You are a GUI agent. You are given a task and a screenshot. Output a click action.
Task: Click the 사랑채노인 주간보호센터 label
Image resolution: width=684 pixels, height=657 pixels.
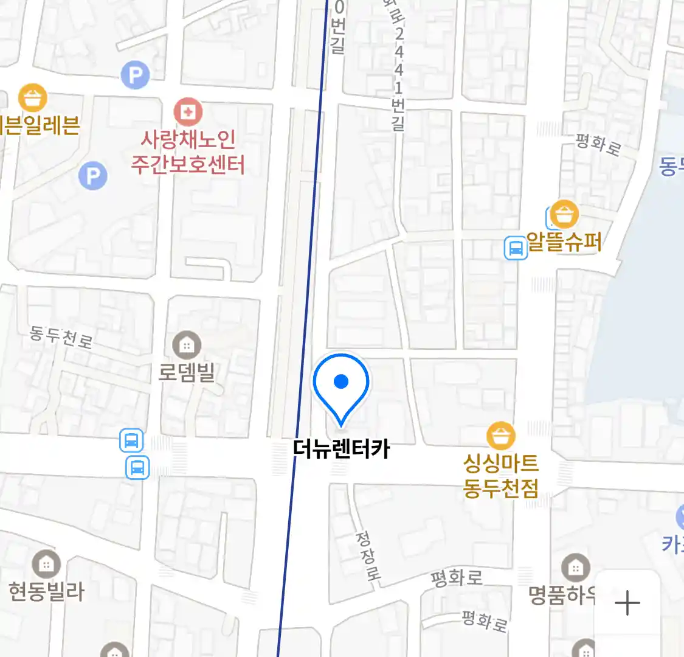[x=188, y=152]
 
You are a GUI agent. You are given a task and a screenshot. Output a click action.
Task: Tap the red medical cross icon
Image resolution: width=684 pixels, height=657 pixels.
[x=188, y=112]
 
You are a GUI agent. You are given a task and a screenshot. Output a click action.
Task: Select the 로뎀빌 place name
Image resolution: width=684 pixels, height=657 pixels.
[x=187, y=372]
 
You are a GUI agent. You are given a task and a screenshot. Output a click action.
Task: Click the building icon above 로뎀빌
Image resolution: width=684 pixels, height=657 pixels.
[x=187, y=346]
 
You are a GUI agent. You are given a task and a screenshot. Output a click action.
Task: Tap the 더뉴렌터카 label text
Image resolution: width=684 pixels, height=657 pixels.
[x=341, y=450]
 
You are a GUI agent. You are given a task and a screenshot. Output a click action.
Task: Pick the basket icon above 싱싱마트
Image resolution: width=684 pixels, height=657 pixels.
[x=501, y=436]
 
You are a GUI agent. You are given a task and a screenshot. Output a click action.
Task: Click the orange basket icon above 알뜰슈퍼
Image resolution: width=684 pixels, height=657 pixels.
[x=565, y=214]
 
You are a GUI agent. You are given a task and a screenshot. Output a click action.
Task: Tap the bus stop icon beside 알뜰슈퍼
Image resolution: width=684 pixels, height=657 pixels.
[x=516, y=248]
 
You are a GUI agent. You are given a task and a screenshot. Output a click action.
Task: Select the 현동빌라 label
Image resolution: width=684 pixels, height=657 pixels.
[x=46, y=591]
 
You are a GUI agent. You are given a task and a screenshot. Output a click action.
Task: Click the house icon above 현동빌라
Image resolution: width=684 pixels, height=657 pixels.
[x=46, y=565]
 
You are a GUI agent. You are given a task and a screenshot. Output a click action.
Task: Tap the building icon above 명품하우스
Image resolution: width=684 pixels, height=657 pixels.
[x=575, y=568]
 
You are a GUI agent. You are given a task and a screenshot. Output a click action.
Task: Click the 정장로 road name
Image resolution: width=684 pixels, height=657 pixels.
[x=367, y=555]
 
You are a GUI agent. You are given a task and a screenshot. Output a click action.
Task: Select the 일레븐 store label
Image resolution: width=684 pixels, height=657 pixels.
[x=40, y=125]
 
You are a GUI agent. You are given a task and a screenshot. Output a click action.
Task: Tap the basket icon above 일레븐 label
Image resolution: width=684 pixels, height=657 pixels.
[x=33, y=97]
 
